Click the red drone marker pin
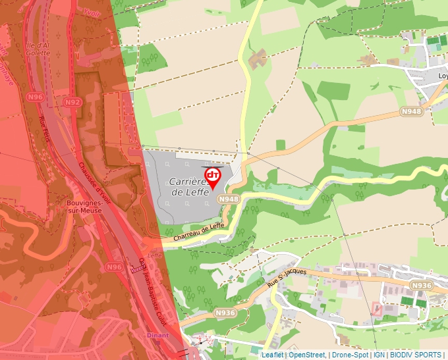click(213, 177)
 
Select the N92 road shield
click(72, 102)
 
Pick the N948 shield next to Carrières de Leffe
click(229, 199)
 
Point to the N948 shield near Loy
click(411, 112)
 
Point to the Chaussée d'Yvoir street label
click(96, 179)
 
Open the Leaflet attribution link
click(273, 355)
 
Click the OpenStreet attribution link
click(306, 355)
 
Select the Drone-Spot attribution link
click(350, 355)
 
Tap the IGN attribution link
click(379, 355)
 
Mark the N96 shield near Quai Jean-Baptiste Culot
click(115, 267)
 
